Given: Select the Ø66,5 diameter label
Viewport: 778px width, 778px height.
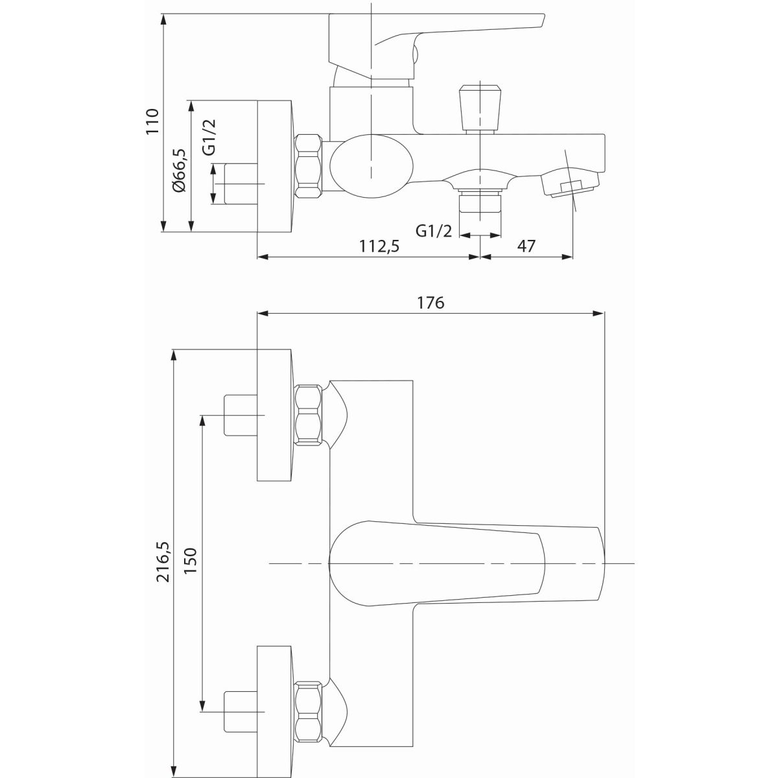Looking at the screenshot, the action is [x=178, y=170].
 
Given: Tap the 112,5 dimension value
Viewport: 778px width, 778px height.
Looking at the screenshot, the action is [x=379, y=246].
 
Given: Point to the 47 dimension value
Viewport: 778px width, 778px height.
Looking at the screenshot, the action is [x=526, y=246].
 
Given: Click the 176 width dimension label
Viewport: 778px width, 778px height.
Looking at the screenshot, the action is [x=430, y=302].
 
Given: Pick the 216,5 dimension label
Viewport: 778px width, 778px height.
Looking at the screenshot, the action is [x=164, y=561].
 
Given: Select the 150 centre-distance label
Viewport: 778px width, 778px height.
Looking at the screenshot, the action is [x=190, y=561].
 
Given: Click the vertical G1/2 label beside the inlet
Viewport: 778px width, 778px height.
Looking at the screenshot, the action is [x=209, y=137].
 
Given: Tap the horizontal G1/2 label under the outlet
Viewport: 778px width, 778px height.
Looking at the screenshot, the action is [x=434, y=231].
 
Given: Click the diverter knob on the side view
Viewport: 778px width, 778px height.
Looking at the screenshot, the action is [x=480, y=109].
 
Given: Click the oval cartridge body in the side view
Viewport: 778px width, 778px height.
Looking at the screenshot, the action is [x=372, y=167].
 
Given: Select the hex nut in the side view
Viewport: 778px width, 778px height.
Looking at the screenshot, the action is [x=309, y=166].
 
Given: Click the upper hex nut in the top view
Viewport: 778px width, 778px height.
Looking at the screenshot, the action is [x=309, y=415].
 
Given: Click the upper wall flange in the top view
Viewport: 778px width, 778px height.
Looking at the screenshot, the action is [x=274, y=415].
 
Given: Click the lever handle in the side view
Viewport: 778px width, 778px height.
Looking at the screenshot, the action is [x=436, y=45].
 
